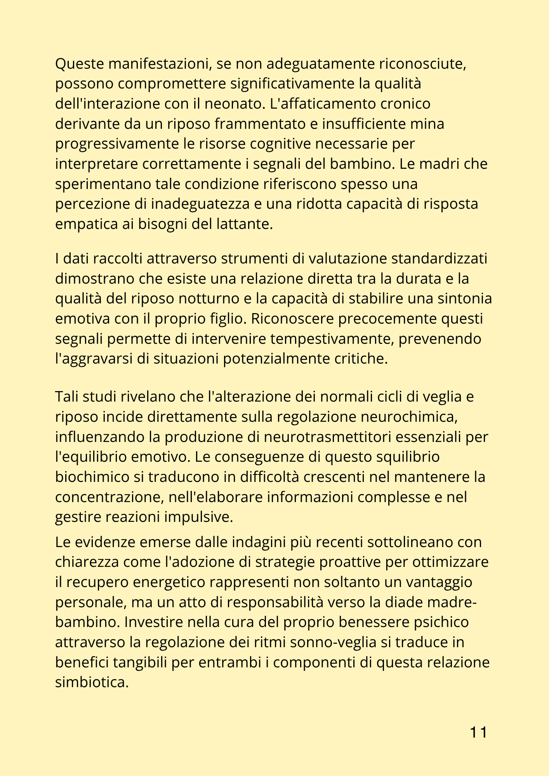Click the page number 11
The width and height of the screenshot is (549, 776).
[x=478, y=732]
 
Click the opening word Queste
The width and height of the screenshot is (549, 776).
[x=79, y=64]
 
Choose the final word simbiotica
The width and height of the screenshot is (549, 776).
[x=92, y=682]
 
